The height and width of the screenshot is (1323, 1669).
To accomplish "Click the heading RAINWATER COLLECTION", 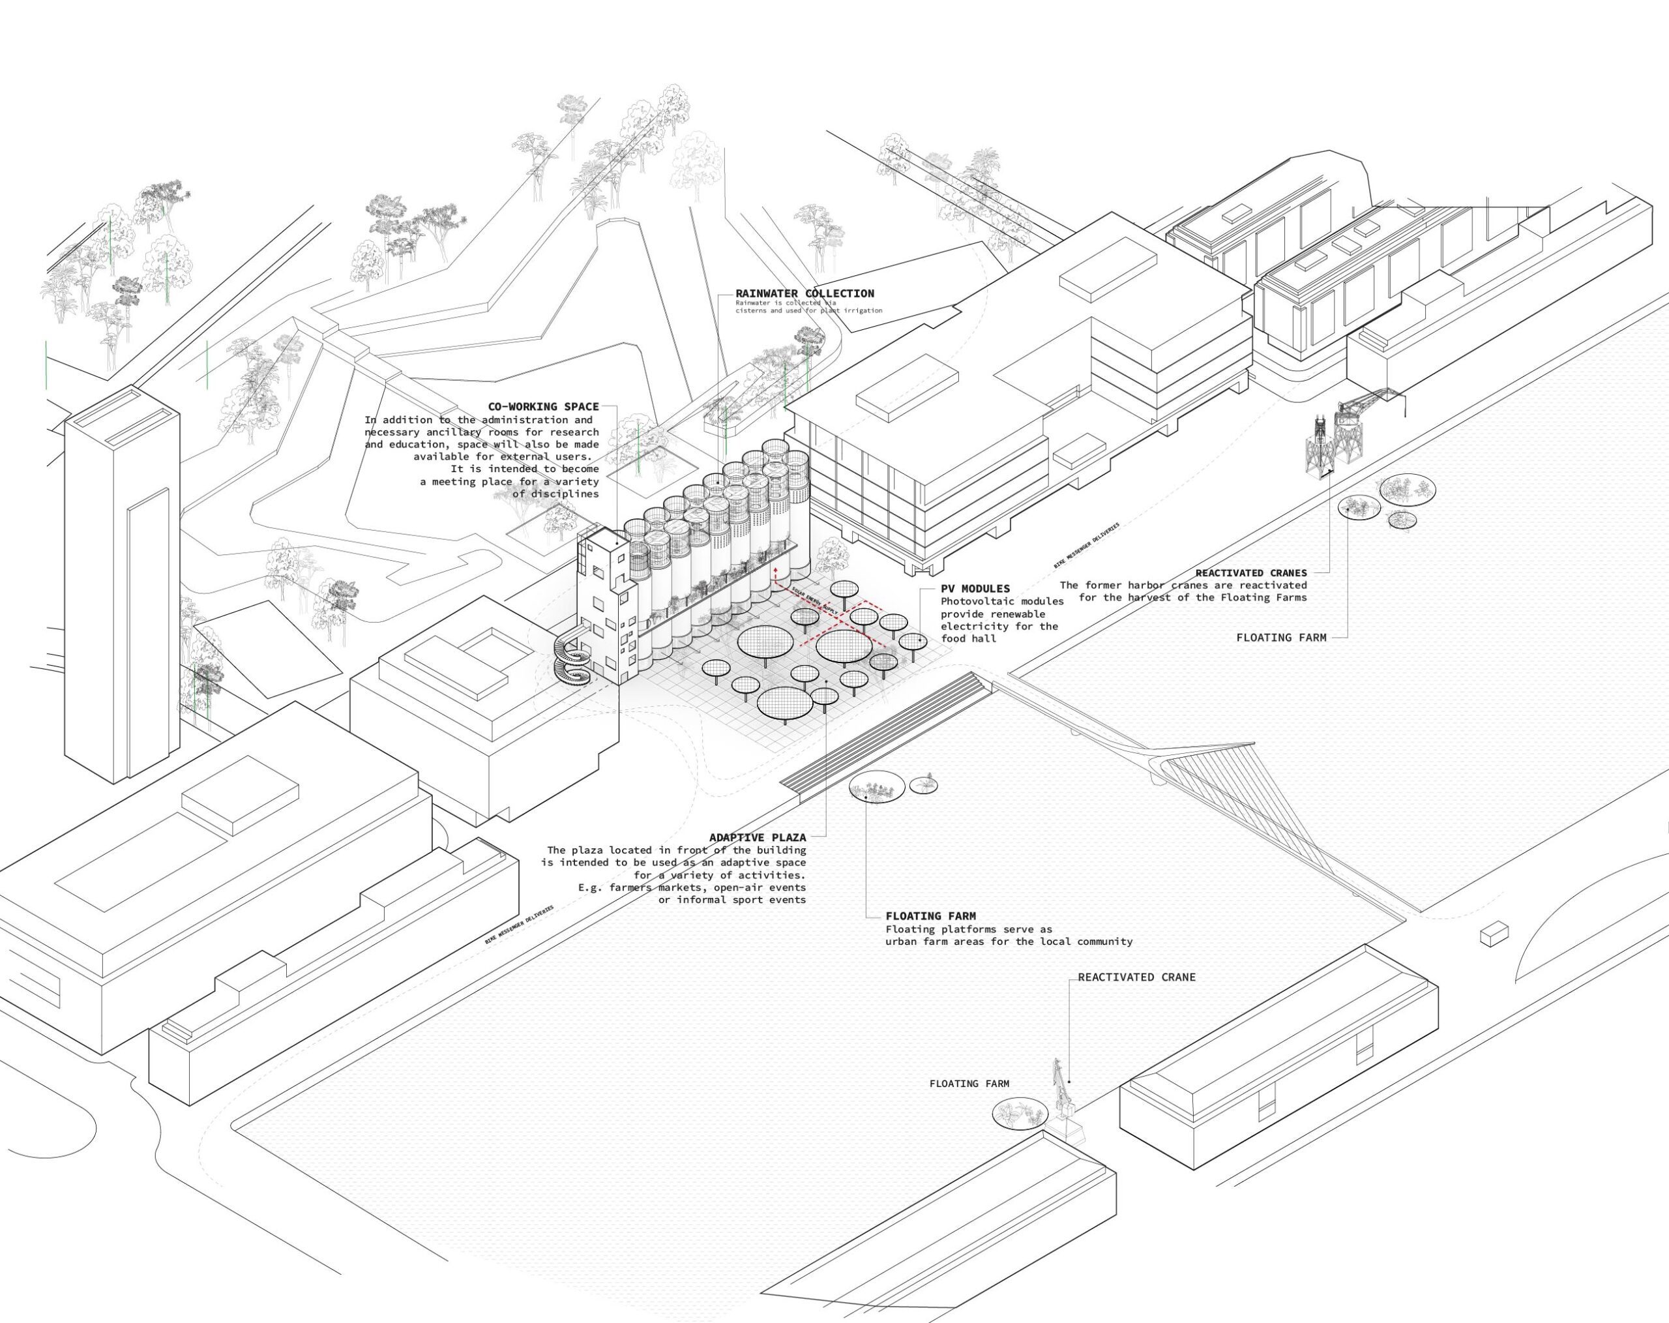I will pos(805,293).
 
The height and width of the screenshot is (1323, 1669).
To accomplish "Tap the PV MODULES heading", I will pos(975,588).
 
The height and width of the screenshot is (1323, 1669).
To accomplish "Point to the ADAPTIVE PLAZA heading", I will pos(757,837).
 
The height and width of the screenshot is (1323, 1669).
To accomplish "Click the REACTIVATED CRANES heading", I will pos(1250,573).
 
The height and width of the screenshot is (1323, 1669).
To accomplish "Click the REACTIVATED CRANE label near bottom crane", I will pos(1136,977).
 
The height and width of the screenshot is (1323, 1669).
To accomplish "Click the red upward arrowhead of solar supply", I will pos(775,568).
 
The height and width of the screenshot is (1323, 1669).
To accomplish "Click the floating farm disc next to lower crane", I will pos(1020,1113).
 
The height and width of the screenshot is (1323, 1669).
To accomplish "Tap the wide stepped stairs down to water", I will pos(883,732).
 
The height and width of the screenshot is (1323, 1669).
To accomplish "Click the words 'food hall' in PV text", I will pos(970,638).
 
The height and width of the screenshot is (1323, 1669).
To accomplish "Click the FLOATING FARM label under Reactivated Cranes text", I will pos(1280,638).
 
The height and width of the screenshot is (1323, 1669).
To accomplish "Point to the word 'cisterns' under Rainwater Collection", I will pos(752,310).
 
